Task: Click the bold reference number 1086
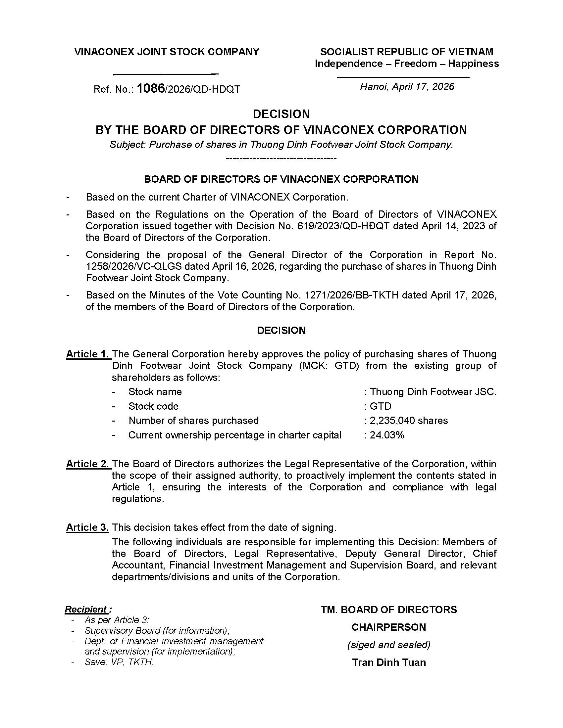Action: pos(151,88)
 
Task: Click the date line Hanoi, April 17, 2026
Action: pos(407,87)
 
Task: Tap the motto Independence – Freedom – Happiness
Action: pos(407,64)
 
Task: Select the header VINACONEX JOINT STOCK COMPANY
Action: pos(167,52)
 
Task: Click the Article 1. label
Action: pos(88,354)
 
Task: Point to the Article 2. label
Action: pos(88,464)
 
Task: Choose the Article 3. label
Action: pos(88,527)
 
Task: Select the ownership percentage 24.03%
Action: pos(387,435)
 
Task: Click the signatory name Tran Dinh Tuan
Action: pos(389,662)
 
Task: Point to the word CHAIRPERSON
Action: pos(388,627)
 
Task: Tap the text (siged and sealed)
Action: pos(388,645)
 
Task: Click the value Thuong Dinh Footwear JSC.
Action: pos(433,392)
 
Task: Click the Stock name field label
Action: pos(155,392)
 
